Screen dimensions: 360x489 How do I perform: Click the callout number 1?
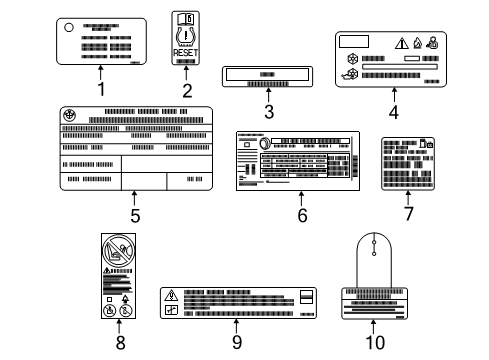point(101,88)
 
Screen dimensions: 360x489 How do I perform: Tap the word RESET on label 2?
point(187,54)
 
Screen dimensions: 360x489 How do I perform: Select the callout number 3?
point(268,111)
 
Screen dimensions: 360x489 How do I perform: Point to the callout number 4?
point(394,112)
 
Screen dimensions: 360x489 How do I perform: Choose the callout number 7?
point(407,214)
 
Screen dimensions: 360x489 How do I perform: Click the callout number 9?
point(236,342)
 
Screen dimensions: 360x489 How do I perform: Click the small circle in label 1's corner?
point(68,28)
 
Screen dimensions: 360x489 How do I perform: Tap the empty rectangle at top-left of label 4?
point(355,42)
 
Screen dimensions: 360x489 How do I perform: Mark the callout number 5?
point(134,214)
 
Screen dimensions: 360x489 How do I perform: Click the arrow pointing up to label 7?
point(407,198)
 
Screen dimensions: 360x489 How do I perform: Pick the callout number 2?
point(187,90)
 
